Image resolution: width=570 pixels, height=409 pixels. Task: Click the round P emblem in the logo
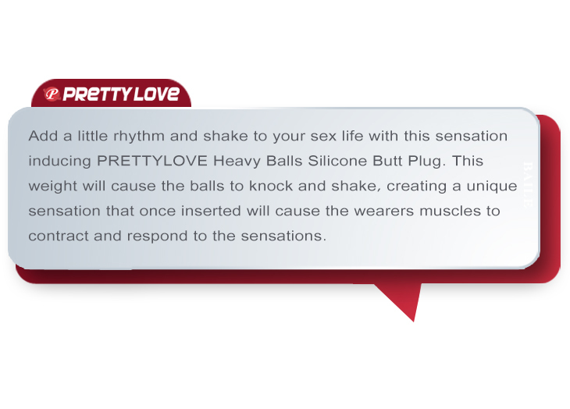tap(52, 94)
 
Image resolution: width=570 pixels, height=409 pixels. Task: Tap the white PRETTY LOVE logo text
tap(121, 94)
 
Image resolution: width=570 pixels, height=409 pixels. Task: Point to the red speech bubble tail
tap(399, 302)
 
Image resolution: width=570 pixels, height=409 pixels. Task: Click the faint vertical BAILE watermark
tap(528, 184)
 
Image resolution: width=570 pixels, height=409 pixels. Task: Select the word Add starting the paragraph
tap(43, 136)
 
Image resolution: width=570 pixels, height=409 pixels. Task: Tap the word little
tap(92, 136)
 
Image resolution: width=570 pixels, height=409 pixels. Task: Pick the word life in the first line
tap(352, 136)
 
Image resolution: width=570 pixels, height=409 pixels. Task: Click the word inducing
tap(59, 162)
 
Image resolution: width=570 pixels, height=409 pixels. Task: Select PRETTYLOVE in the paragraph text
tap(152, 161)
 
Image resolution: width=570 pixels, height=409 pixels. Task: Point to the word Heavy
tap(237, 162)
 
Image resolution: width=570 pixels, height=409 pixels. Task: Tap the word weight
tap(52, 187)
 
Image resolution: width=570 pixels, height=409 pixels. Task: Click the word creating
tap(416, 187)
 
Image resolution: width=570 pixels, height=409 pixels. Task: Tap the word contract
tap(58, 236)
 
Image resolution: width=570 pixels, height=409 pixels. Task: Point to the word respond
tap(157, 237)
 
